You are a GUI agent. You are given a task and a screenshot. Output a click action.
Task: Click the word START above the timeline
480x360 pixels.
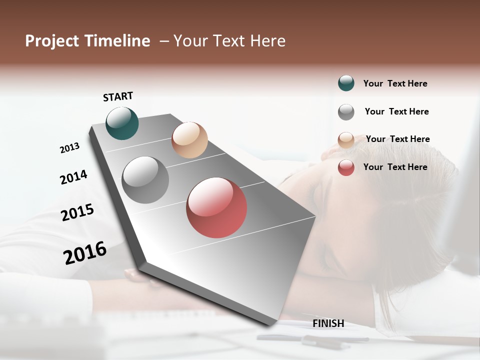tap(118, 96)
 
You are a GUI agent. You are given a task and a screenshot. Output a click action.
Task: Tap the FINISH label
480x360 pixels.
tap(328, 323)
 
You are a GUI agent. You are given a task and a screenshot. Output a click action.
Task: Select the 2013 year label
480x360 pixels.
tap(69, 148)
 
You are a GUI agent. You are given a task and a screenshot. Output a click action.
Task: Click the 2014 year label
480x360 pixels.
tap(73, 177)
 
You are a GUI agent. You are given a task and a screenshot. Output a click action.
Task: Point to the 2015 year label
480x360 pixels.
tap(77, 212)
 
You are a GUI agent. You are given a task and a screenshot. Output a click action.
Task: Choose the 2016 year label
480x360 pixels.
tap(85, 252)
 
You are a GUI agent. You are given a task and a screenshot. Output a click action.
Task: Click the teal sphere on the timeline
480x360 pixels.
tap(122, 123)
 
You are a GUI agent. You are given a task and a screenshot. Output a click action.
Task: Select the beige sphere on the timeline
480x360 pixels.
tap(189, 140)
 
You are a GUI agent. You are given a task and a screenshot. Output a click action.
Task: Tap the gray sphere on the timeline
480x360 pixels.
tap(145, 180)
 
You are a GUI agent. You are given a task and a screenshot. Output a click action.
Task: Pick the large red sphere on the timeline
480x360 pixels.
tap(216, 207)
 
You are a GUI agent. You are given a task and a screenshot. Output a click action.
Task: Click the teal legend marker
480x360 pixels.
tap(346, 83)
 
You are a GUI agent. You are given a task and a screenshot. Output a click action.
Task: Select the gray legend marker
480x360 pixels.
tap(346, 112)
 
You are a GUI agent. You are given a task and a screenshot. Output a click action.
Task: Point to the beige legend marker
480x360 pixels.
tap(346, 140)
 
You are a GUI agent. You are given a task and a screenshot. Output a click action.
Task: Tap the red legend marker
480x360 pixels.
tap(346, 167)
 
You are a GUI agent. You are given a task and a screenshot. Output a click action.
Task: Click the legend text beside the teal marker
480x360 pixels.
tap(395, 83)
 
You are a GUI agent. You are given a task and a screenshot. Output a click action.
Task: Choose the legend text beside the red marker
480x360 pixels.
tap(395, 167)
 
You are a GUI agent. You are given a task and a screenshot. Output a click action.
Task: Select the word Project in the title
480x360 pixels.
tap(51, 41)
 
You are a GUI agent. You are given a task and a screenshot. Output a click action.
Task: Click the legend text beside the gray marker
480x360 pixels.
tap(396, 111)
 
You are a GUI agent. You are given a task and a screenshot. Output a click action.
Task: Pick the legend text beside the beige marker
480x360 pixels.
tap(397, 139)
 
